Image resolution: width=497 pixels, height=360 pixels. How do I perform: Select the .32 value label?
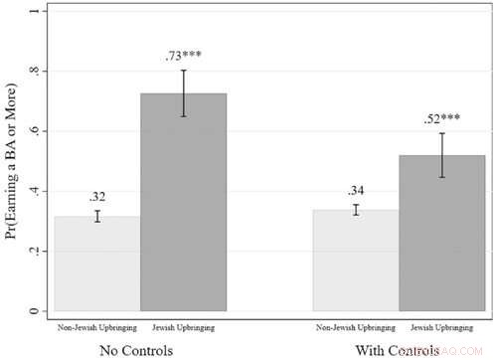pyautogui.click(x=97, y=197)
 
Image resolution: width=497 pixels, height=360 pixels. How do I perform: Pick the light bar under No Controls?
pyautogui.click(x=97, y=264)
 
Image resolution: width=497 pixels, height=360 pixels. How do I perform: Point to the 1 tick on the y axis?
pyautogui.click(x=37, y=11)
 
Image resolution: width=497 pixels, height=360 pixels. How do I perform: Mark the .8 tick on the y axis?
pyautogui.click(x=37, y=72)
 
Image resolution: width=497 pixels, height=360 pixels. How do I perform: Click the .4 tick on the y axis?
pyautogui.click(x=37, y=192)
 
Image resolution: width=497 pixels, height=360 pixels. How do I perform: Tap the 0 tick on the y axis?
pyautogui.click(x=37, y=311)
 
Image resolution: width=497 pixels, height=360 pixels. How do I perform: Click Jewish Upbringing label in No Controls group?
pyautogui.click(x=183, y=326)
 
